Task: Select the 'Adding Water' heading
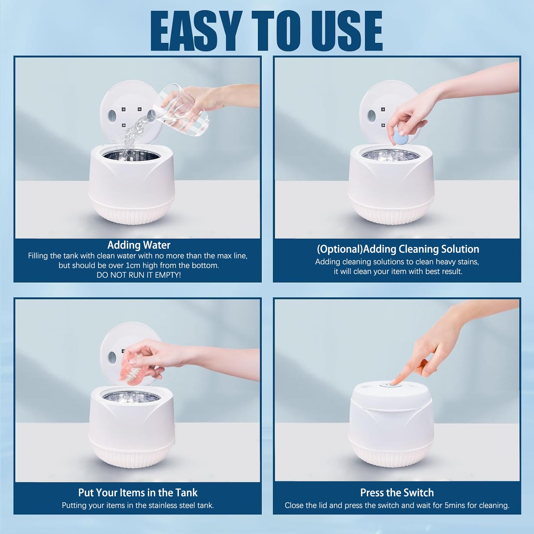click(139, 245)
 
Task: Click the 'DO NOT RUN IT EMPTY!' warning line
click(139, 275)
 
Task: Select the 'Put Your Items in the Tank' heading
click(138, 493)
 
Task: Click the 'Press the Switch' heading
click(397, 493)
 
